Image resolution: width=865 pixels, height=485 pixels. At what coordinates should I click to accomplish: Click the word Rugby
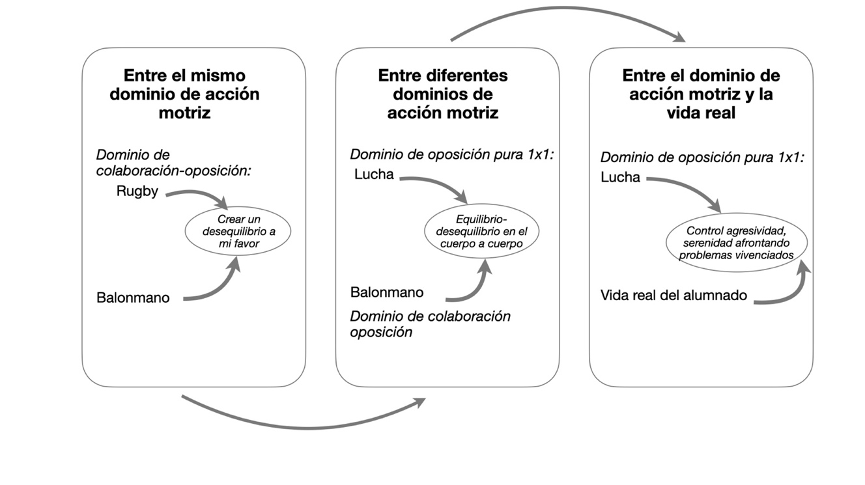click(x=137, y=192)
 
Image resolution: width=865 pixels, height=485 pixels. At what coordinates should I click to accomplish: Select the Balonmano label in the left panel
click(x=133, y=298)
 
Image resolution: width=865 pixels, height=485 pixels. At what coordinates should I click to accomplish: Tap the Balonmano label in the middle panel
click(x=386, y=292)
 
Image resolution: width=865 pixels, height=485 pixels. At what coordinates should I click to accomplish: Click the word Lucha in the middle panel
click(x=374, y=174)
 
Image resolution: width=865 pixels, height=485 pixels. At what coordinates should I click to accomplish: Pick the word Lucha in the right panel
click(x=620, y=177)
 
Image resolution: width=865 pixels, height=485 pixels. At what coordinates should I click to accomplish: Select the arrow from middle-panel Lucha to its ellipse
click(x=440, y=182)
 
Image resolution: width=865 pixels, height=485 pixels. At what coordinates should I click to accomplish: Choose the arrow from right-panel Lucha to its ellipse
click(x=691, y=186)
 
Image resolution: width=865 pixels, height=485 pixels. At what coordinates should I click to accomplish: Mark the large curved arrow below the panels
click(x=309, y=428)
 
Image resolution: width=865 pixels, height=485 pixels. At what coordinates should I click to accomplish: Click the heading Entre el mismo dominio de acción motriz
click(x=184, y=94)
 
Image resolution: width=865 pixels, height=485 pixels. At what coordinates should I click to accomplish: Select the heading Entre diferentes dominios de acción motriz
click(x=443, y=94)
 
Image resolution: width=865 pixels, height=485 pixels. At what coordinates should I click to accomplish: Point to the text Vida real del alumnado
click(x=674, y=295)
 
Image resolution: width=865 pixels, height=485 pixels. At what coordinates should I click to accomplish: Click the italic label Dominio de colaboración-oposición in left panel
click(x=173, y=163)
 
